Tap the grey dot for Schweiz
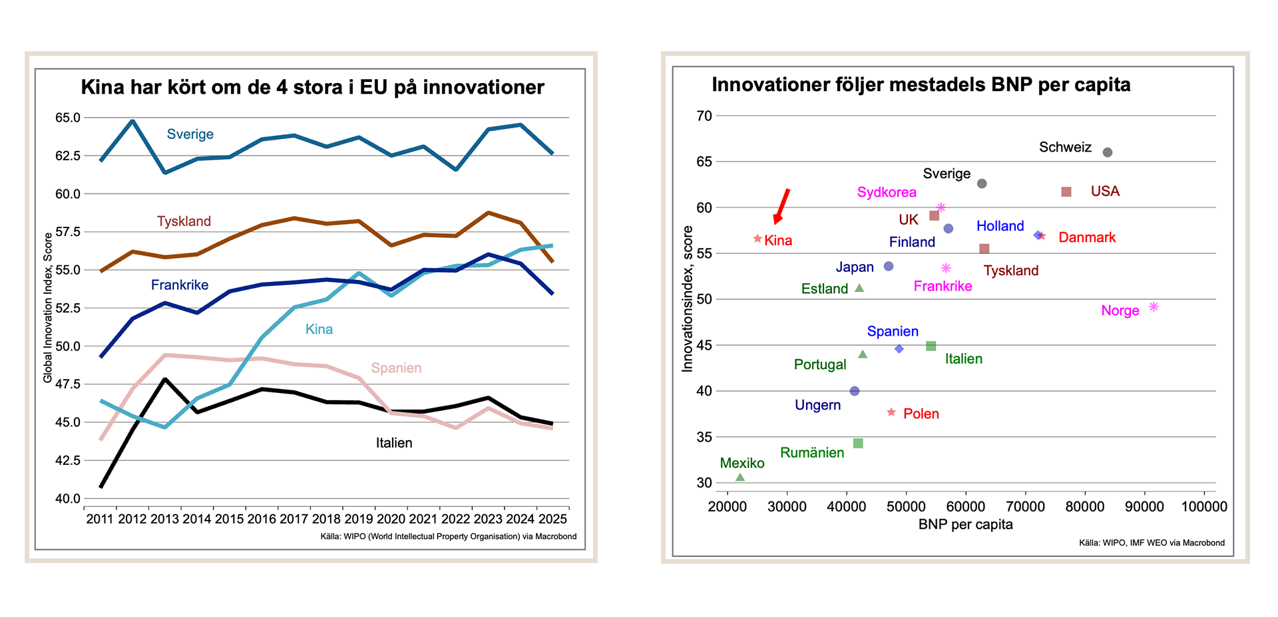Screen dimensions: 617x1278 [x=1108, y=152]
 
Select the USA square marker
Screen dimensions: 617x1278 [x=1066, y=191]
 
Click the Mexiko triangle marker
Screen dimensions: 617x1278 [x=740, y=477]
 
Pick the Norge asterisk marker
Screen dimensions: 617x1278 [x=1154, y=307]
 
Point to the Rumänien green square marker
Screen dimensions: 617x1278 [x=858, y=443]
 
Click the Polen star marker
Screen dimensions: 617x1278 [x=891, y=413]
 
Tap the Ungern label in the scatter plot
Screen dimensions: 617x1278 [x=817, y=405]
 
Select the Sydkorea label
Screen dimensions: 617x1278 [x=886, y=192]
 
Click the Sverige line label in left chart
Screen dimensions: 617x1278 [x=190, y=134]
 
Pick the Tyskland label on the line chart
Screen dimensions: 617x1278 [x=184, y=221]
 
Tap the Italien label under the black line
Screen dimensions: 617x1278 [x=394, y=443]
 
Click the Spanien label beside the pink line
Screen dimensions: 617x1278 [x=396, y=368]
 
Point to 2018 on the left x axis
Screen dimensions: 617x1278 [x=326, y=519]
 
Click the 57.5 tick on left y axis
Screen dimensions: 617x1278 [x=67, y=232]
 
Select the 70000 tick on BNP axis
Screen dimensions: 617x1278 [x=1025, y=507]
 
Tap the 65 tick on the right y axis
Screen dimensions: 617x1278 [x=704, y=162]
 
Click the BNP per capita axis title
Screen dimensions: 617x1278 [x=965, y=524]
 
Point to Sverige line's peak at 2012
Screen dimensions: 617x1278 [x=132, y=121]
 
